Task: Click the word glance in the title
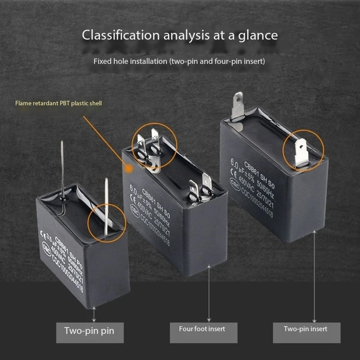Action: (258, 35)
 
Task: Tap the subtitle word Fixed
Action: (102, 61)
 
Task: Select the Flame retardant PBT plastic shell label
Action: (58, 103)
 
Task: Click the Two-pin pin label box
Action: (89, 331)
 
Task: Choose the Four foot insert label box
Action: (202, 329)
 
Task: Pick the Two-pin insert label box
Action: (306, 329)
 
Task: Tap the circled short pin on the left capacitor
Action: (106, 207)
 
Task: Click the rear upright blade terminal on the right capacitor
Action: (237, 106)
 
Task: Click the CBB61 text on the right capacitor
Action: (258, 161)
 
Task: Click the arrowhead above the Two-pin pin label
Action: (94, 307)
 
